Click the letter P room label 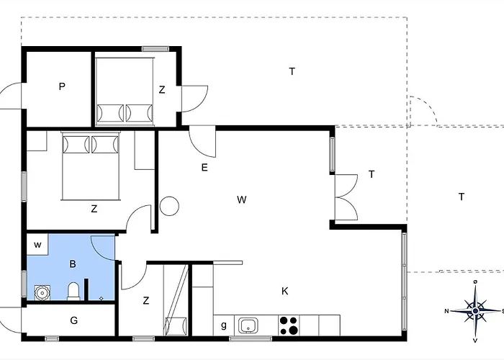62,86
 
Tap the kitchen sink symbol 248,325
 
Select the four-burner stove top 289,325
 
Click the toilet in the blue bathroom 73,291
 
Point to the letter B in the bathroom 73,264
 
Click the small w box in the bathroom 37,245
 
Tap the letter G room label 74,320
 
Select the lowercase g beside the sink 224,325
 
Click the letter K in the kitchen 285,291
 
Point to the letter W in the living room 242,199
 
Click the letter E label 204,168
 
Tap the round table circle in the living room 169,206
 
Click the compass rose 475,311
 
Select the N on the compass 446,311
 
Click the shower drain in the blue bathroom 102,299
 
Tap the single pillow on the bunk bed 176,325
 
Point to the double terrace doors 346,197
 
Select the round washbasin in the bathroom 42,293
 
